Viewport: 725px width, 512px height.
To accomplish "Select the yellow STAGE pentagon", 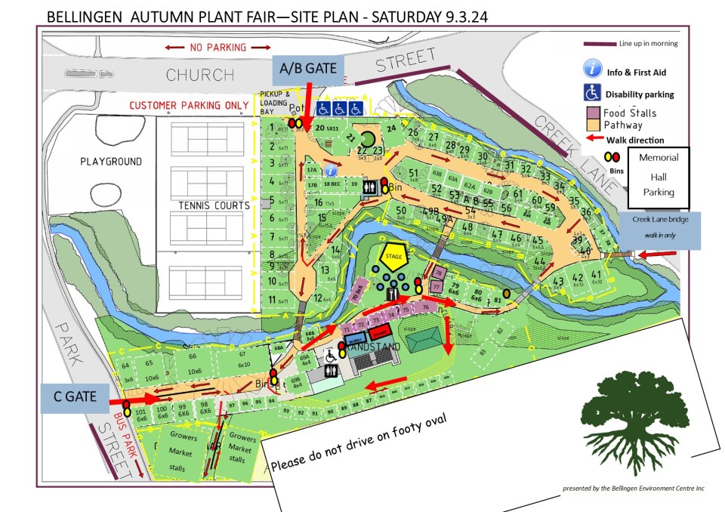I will tap(393, 256).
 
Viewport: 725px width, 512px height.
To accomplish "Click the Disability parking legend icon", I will tap(591, 93).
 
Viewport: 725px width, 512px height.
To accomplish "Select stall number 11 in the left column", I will tap(272, 299).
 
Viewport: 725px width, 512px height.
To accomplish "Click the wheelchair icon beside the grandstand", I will tap(330, 353).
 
